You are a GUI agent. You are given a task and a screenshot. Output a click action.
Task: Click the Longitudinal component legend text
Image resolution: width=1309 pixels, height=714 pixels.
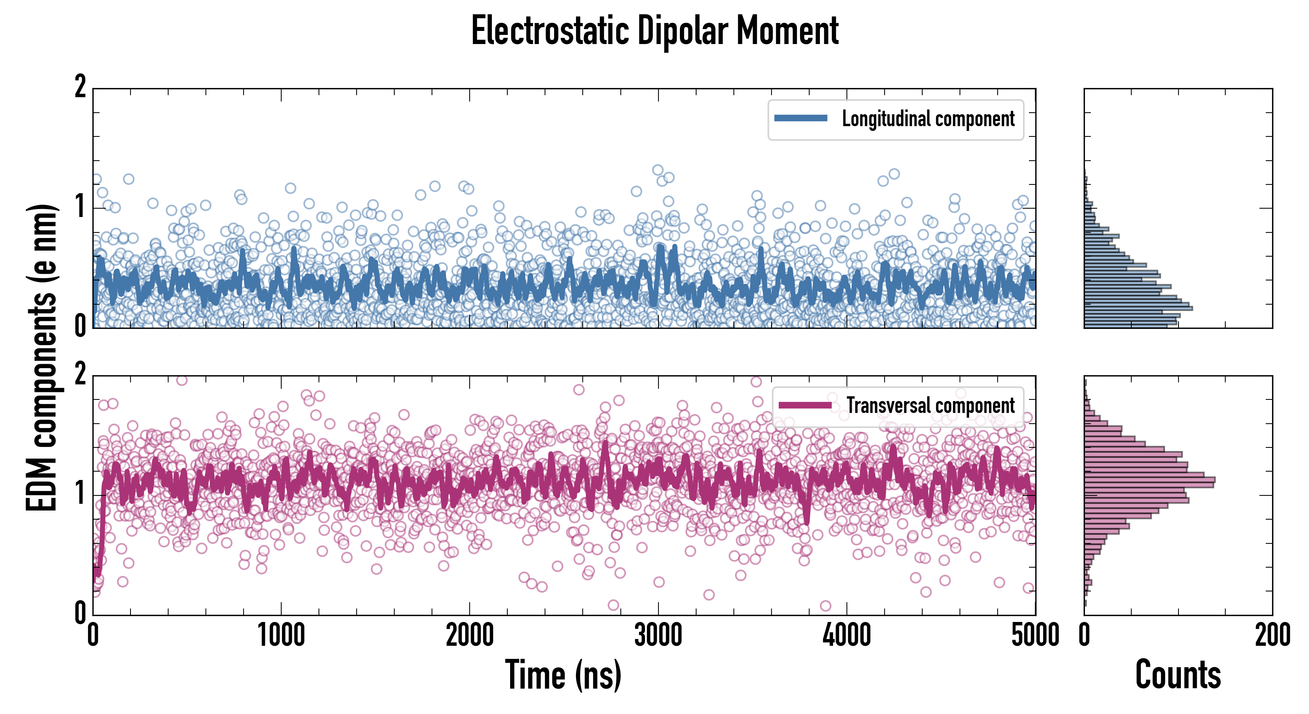click(928, 119)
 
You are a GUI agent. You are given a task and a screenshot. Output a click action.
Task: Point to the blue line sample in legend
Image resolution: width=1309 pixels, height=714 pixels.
click(800, 119)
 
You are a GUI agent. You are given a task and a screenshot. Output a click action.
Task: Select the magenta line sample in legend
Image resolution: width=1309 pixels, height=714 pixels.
click(804, 405)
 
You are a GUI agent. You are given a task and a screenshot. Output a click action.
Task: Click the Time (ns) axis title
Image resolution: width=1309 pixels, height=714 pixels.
click(563, 674)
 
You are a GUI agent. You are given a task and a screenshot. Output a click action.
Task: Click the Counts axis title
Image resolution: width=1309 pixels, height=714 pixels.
click(1178, 674)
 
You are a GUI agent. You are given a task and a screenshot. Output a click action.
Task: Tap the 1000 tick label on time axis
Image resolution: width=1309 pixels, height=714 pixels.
click(281, 635)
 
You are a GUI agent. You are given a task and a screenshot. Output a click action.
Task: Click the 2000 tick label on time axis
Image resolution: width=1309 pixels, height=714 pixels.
click(470, 635)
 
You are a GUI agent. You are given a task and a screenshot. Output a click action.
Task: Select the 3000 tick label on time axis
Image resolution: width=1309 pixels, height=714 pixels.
click(658, 635)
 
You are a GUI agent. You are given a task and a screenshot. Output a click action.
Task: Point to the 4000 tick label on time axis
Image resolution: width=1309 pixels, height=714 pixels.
click(846, 635)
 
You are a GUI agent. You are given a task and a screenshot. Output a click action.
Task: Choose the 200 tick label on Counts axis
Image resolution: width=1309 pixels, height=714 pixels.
click(1273, 635)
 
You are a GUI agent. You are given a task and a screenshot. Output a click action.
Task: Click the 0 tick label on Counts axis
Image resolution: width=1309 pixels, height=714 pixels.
click(1084, 635)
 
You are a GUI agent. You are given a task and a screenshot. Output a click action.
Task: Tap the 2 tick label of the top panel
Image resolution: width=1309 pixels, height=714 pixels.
click(80, 87)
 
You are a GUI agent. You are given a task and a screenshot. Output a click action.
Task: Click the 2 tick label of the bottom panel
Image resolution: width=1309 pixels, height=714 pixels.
click(80, 374)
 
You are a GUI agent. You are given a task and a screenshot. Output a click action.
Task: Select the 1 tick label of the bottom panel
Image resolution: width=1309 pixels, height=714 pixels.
click(80, 493)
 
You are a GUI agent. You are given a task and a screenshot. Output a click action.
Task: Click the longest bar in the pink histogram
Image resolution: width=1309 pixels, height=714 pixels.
click(1150, 480)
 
